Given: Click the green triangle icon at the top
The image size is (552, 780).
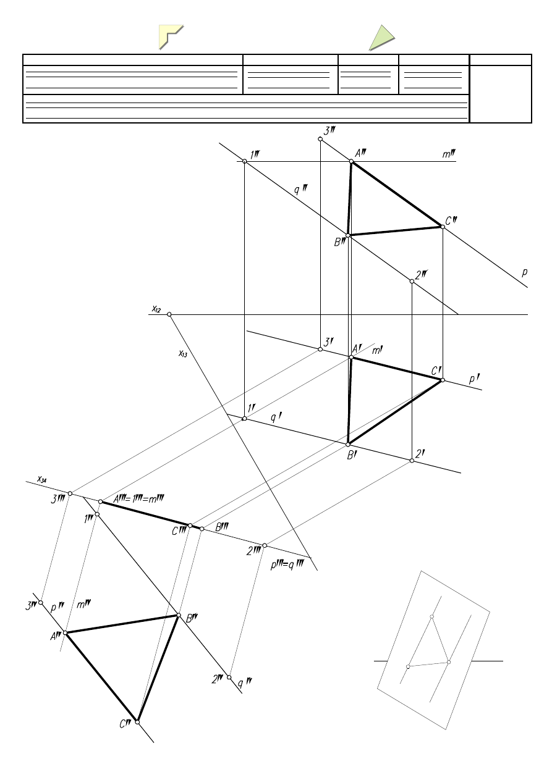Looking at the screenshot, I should (x=382, y=37).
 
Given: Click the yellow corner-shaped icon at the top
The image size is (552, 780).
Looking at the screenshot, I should (x=171, y=36).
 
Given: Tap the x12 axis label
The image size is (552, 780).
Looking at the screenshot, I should (x=156, y=308).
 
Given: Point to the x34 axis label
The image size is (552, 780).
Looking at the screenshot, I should (x=41, y=478).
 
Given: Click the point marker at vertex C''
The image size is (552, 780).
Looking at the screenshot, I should (x=443, y=227).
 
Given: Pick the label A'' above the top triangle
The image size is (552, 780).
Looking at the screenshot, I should (x=360, y=153).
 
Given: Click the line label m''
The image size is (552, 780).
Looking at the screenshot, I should (x=449, y=153).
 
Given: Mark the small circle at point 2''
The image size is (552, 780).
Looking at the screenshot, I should (x=412, y=282).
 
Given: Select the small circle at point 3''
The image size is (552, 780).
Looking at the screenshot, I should (x=320, y=139).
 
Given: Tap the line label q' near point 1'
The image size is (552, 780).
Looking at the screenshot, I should (x=276, y=418).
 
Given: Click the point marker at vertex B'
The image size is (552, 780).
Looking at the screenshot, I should (x=348, y=444).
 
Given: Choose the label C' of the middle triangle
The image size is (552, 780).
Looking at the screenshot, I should (x=436, y=371).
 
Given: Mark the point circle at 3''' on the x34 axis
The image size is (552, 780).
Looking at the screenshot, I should (x=70, y=493).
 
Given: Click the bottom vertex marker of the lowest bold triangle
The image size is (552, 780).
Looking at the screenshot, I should (x=137, y=721).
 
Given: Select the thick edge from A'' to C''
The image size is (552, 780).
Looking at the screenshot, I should (x=397, y=194).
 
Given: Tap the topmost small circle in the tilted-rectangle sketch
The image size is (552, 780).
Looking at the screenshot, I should (x=432, y=616).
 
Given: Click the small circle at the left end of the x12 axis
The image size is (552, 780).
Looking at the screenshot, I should (x=169, y=314).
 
